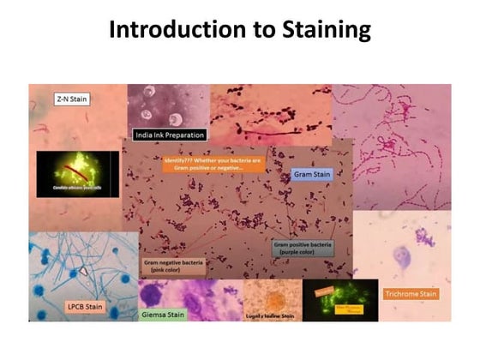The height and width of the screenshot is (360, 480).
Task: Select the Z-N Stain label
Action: (x=72, y=99)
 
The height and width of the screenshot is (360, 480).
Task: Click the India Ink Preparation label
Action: (x=169, y=135)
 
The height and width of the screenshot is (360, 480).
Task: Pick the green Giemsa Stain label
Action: (x=163, y=315)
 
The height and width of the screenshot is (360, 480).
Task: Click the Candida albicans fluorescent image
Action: (x=78, y=174)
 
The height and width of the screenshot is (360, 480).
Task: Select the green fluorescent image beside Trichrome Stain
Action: (x=340, y=300)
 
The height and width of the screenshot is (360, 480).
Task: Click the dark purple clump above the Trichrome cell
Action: (x=422, y=234)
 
